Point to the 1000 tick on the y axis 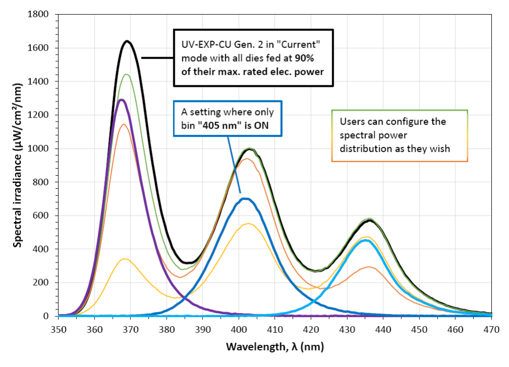pos(57,149)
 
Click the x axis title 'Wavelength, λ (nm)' pos(275,347)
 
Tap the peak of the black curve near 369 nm pos(127,41)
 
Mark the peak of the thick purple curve pos(121,99)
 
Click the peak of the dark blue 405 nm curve pos(245,198)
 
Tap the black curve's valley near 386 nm pos(188,263)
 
